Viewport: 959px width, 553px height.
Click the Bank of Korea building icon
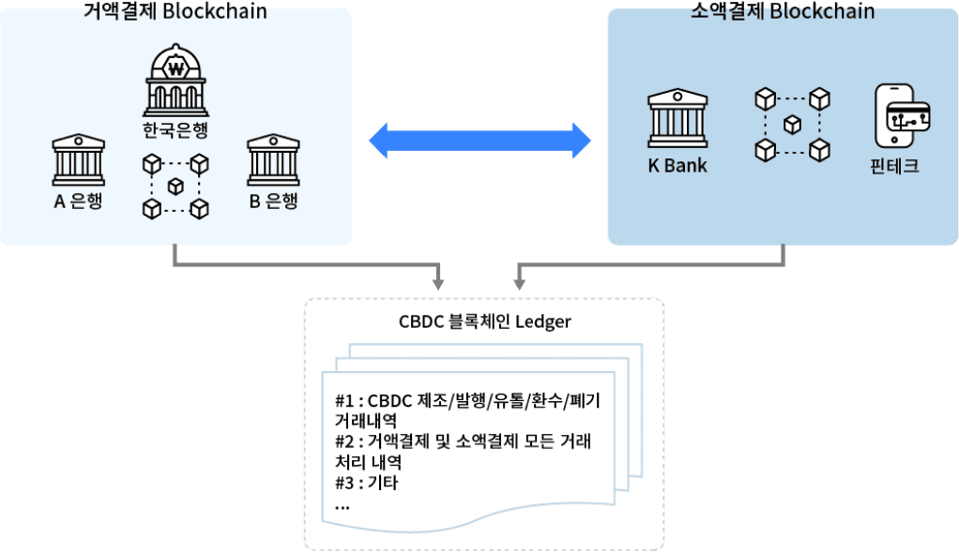(175, 82)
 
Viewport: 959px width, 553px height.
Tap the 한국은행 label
(175, 129)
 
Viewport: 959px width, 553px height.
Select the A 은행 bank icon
(79, 160)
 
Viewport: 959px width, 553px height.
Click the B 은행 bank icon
(273, 160)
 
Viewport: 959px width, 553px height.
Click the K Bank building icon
(677, 118)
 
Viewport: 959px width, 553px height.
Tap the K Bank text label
(677, 167)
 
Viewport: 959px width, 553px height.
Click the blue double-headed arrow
(479, 141)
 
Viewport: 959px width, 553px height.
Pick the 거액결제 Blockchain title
(175, 11)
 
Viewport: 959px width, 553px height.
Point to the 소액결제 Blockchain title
(783, 11)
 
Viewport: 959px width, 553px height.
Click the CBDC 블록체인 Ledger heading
(485, 321)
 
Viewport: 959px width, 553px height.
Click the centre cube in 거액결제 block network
(175, 187)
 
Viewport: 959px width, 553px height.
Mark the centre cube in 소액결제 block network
(793, 123)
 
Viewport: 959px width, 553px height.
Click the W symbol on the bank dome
(175, 67)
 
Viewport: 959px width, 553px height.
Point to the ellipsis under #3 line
(342, 505)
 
